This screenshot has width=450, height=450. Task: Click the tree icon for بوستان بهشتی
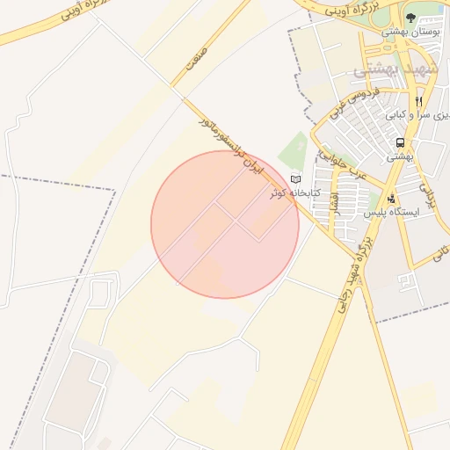[x=411, y=17]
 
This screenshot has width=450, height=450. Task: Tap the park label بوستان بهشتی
[x=410, y=32]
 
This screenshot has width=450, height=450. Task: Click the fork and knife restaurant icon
[x=419, y=101]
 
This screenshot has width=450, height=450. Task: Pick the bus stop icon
[x=401, y=142]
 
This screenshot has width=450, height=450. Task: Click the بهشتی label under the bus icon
[x=400, y=156]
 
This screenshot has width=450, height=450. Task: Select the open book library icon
[x=295, y=179]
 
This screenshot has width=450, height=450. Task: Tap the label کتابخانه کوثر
[x=295, y=192]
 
